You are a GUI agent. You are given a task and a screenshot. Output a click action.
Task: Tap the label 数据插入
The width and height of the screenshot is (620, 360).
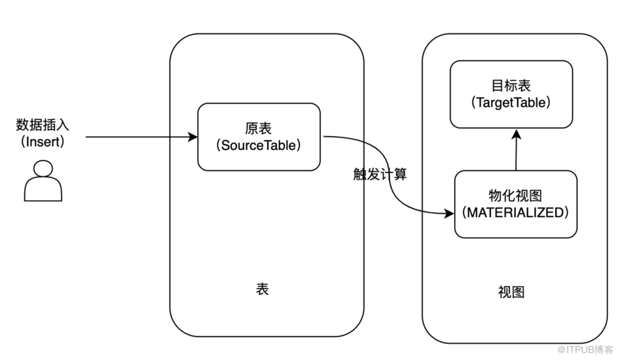pyautogui.click(x=43, y=126)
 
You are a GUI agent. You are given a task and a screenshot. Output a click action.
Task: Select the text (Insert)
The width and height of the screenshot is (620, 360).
pyautogui.click(x=43, y=142)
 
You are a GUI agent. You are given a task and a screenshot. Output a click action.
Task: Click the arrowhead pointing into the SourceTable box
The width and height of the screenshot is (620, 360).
pyautogui.click(x=193, y=137)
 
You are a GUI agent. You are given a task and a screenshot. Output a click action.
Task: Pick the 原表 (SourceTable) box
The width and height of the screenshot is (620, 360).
pyautogui.click(x=259, y=137)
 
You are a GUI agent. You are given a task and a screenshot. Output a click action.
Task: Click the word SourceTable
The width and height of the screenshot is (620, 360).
pyautogui.click(x=259, y=146)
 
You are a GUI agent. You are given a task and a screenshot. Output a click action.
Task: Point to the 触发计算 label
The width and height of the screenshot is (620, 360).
pyautogui.click(x=379, y=174)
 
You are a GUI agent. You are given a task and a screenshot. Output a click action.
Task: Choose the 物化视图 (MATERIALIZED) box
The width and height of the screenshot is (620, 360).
pyautogui.click(x=515, y=204)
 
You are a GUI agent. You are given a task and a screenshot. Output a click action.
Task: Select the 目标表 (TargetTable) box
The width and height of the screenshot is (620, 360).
pyautogui.click(x=511, y=94)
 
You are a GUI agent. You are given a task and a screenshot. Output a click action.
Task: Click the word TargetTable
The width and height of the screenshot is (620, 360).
pyautogui.click(x=511, y=103)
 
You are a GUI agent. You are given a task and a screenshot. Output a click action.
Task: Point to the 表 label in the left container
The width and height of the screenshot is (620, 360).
pyautogui.click(x=262, y=289)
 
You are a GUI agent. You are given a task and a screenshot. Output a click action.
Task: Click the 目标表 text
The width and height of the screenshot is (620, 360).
pyautogui.click(x=511, y=86)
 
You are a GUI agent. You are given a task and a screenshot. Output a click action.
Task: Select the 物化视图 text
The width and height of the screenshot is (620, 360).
pyautogui.click(x=515, y=196)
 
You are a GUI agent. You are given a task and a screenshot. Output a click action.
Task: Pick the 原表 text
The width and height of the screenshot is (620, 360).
pyautogui.click(x=259, y=129)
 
